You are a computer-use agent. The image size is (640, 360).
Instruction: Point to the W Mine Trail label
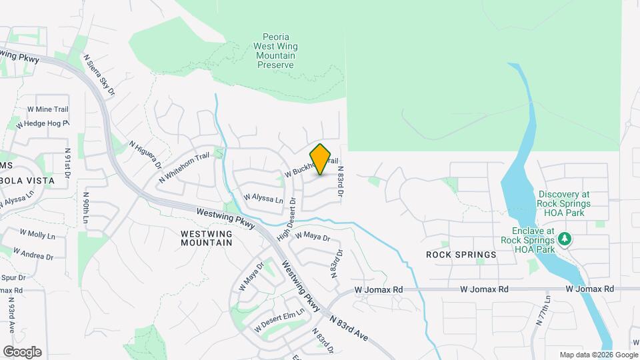48,109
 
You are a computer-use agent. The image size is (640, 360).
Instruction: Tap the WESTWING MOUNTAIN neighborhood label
207,238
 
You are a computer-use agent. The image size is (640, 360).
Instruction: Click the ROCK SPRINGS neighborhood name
461,255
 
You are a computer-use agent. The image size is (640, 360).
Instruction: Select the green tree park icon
565,238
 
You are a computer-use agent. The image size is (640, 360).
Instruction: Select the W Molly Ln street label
37,235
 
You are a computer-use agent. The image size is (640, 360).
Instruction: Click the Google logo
22,352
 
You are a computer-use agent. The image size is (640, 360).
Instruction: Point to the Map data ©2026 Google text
597,355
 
